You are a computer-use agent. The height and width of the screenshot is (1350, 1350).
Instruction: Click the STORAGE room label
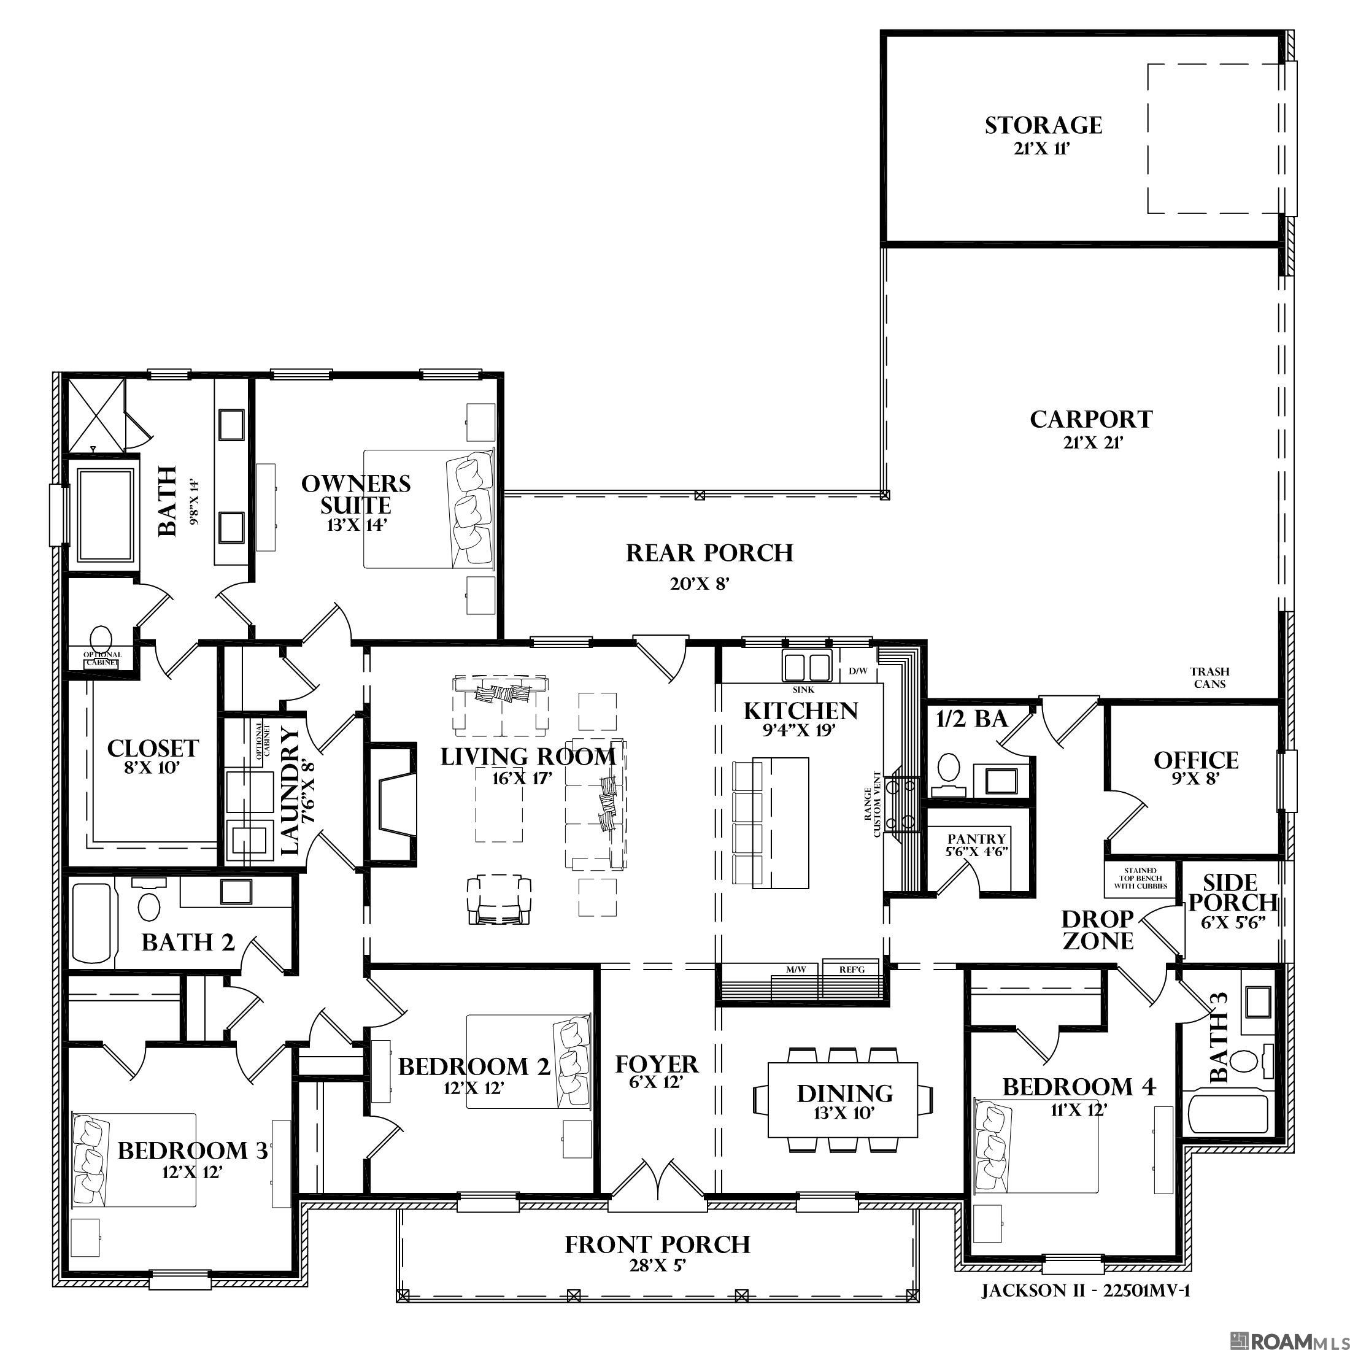point(1043,126)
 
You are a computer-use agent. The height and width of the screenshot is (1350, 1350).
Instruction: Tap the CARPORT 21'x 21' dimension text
point(1091,442)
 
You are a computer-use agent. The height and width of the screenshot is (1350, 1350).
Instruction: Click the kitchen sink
point(806,665)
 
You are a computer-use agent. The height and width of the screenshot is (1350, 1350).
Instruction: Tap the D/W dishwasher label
point(858,671)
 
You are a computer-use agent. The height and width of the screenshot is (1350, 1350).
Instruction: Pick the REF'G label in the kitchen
point(851,970)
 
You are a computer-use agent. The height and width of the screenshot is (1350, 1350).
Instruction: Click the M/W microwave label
point(796,970)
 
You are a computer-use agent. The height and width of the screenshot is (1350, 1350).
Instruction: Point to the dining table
point(843,1100)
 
